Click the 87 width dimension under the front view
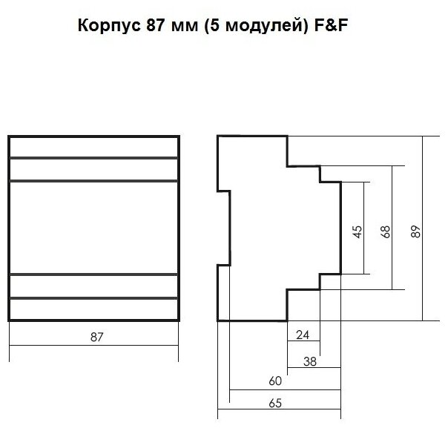tap(95, 336)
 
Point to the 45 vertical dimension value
tap(357, 231)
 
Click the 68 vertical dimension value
tap(385, 231)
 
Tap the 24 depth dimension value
tap(303, 335)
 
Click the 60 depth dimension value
tap(274, 382)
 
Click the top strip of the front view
tap(94, 147)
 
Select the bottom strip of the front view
tap(94, 309)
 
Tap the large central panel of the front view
tap(94, 228)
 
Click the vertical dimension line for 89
tap(422, 185)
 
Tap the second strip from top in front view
tap(94, 170)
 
